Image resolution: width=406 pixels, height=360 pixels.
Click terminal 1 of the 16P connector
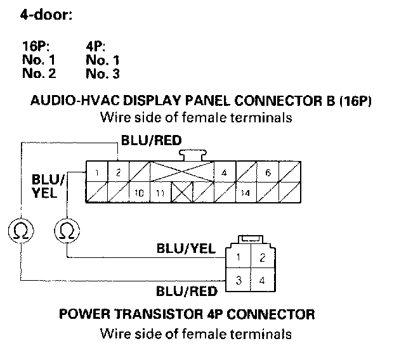pyautogui.click(x=94, y=172)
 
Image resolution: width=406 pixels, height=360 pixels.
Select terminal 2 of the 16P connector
pyautogui.click(x=117, y=172)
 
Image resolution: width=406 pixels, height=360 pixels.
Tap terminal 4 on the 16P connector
pyautogui.click(x=224, y=172)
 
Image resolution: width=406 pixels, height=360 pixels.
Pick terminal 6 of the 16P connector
pyautogui.click(x=268, y=172)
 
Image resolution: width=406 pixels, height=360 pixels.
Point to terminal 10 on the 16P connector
pyautogui.click(x=138, y=192)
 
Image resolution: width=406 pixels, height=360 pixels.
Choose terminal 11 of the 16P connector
pyautogui.click(x=161, y=192)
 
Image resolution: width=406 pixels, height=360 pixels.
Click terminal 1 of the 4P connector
pyautogui.click(x=237, y=257)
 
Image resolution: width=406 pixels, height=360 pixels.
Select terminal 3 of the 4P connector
pyautogui.click(x=237, y=280)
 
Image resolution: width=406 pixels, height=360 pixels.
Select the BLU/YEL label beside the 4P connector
pyautogui.click(x=186, y=248)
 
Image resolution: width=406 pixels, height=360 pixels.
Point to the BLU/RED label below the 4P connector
pyautogui.click(x=186, y=292)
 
